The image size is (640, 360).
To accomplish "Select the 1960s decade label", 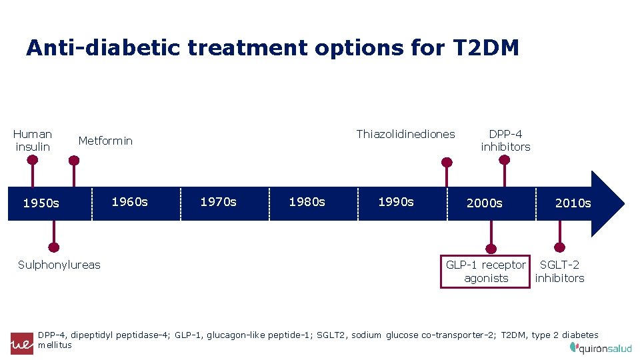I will point(129,202).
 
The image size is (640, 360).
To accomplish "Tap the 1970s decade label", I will point(218,202).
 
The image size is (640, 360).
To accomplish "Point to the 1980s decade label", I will point(307,202).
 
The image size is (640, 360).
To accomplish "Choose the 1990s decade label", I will point(396,202).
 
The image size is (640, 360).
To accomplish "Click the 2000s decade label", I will point(485,203).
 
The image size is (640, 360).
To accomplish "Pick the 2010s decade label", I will point(573,203).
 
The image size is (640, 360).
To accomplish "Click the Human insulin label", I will point(33,140).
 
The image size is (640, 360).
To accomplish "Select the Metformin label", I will point(105,141).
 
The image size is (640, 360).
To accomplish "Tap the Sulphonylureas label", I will point(59,265).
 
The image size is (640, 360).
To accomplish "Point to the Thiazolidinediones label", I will point(405,134).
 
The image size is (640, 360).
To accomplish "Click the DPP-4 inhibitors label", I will point(505,140).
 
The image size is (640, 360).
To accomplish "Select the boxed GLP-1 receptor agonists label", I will point(486,271).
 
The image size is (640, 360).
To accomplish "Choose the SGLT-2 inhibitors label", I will point(559,271).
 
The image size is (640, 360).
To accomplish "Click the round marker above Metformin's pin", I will point(74,160).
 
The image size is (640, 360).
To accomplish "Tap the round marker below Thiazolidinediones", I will point(447,161).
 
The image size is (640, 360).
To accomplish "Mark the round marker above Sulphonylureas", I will point(54,247).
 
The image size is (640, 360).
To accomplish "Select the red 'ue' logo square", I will point(21,343).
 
